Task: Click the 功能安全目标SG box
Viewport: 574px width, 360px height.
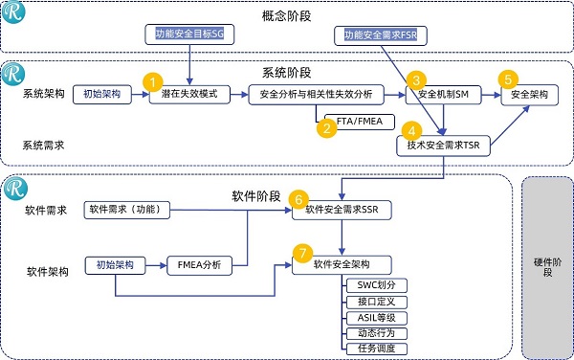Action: click(195, 34)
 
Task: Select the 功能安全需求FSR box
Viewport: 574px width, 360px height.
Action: click(381, 35)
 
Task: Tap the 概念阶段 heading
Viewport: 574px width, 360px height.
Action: click(286, 15)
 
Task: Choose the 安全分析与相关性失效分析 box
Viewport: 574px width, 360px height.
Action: click(315, 96)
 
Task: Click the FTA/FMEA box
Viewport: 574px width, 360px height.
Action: click(361, 123)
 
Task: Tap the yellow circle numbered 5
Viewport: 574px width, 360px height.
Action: click(508, 79)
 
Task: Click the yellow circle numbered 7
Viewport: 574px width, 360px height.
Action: click(302, 254)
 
